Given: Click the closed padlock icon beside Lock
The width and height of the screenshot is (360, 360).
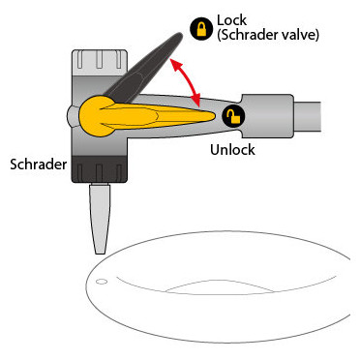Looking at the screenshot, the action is (201, 29).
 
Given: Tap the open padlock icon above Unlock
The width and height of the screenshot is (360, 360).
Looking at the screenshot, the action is (233, 116).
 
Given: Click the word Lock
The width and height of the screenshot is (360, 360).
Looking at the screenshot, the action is (231, 20).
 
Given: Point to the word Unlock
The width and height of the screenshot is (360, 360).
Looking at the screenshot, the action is (232, 149).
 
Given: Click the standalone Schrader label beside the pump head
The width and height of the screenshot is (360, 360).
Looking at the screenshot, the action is (39, 165).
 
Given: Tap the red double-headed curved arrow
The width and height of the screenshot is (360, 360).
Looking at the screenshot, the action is (187, 82).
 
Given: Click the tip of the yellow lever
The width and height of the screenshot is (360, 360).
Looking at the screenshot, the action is (214, 116).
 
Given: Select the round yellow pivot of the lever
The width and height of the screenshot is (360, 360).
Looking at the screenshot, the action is (97, 116).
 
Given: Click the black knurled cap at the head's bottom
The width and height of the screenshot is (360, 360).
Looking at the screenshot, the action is (99, 169).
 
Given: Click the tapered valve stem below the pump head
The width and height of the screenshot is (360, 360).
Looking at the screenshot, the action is (100, 219).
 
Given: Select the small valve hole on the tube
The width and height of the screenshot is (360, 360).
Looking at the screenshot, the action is (102, 282).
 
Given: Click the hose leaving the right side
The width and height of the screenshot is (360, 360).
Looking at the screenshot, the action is (308, 116).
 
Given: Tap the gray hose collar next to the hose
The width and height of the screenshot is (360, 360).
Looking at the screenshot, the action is (268, 116).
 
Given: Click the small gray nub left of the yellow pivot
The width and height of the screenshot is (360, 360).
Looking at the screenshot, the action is (73, 116).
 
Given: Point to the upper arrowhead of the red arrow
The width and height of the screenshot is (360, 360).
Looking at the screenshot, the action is (173, 63).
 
